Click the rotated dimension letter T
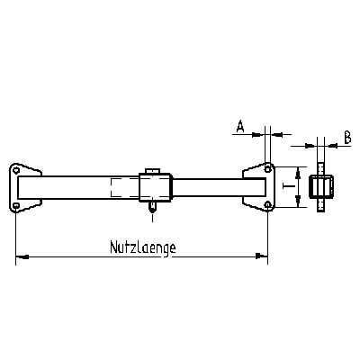[284, 187]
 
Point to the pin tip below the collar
[152, 214]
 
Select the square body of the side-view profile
[319, 187]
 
